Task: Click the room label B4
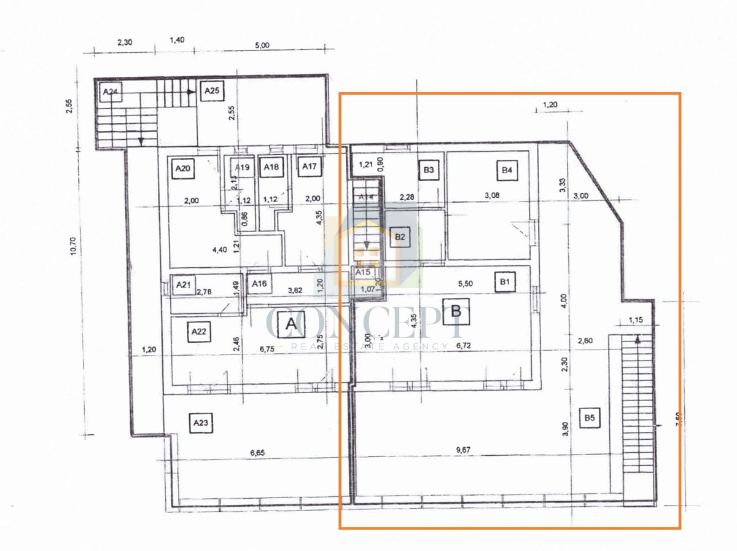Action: click(506, 170)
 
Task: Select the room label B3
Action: click(429, 170)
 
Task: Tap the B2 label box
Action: click(400, 237)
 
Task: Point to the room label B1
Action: click(505, 283)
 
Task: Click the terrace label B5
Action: click(590, 418)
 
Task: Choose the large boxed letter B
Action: click(456, 311)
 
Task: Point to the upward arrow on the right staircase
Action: click(637, 339)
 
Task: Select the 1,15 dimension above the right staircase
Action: click(636, 320)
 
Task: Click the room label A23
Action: click(200, 423)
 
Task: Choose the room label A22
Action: click(198, 332)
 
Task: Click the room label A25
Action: click(212, 91)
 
